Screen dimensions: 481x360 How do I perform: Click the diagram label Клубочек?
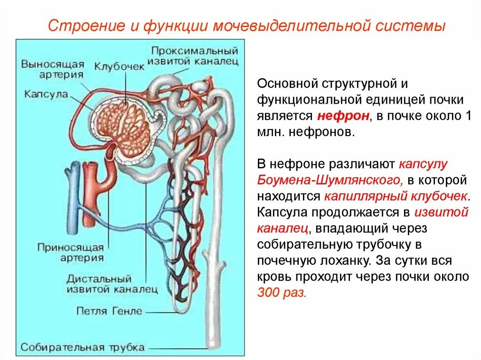click(x=119, y=67)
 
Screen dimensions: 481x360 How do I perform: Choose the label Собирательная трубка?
click(x=82, y=348)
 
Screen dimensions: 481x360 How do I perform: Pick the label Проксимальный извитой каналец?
click(x=194, y=55)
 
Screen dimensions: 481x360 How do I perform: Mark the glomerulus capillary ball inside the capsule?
click(x=129, y=124)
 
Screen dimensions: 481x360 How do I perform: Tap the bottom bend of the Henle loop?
click(x=180, y=307)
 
